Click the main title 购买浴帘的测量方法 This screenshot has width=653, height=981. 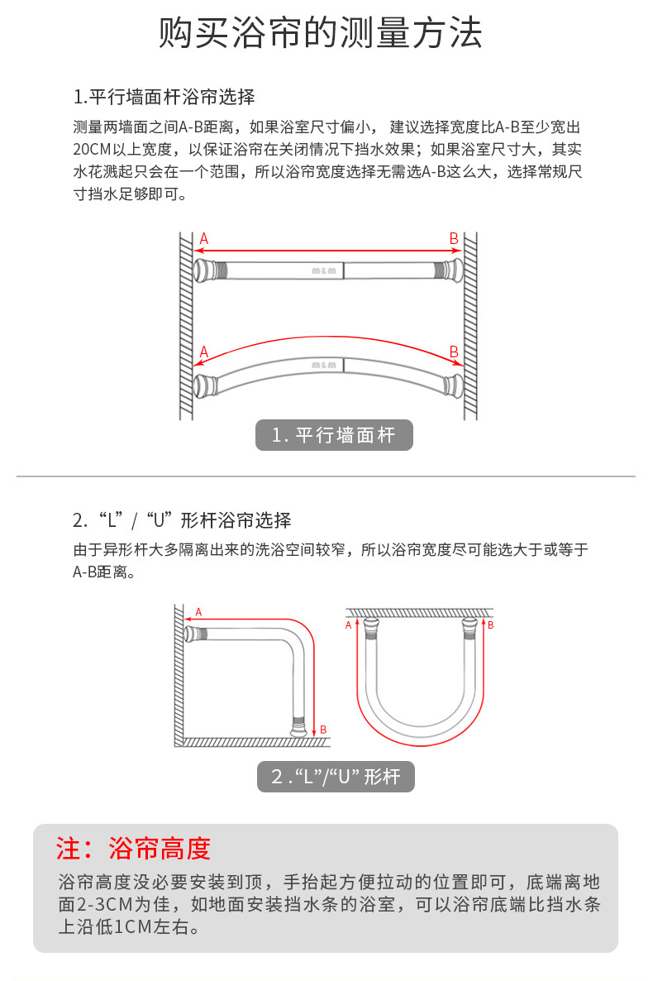320,32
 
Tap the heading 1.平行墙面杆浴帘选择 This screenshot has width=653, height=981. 164,97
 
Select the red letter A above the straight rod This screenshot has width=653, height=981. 204,238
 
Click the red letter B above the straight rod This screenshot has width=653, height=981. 454,238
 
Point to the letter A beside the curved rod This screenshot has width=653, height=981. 204,352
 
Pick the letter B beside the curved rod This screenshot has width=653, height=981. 454,352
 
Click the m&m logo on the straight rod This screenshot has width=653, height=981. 324,271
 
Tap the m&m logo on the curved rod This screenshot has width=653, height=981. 324,365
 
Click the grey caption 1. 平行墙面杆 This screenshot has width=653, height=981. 334,435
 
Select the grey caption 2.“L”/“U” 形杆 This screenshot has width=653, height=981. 336,777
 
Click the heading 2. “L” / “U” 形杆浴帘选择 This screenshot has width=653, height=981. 182,520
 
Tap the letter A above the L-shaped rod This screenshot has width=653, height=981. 199,612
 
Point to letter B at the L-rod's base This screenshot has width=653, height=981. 323,730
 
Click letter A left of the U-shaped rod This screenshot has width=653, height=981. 348,625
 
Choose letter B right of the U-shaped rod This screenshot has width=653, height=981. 491,625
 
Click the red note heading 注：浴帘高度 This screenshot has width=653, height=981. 133,849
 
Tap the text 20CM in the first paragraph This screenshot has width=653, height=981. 92,150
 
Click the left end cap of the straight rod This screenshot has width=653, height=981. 203,270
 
